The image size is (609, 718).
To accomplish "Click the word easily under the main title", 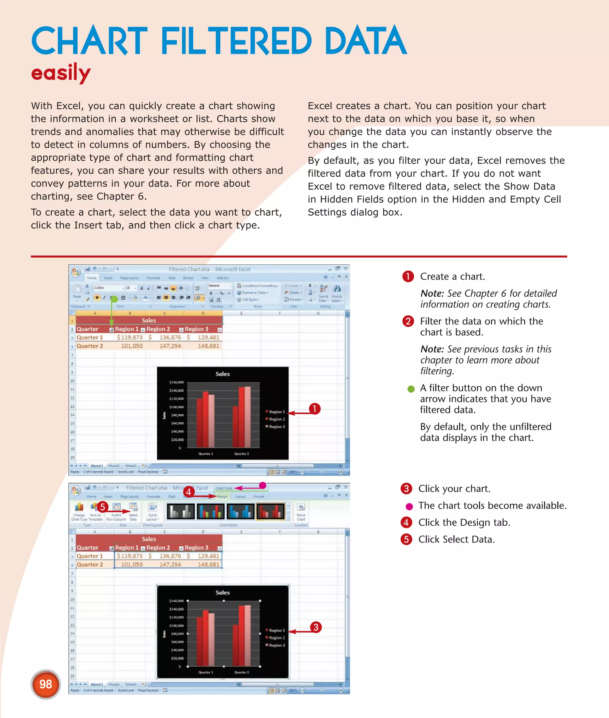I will pos(61,73).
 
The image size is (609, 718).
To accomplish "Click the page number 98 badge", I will pos(45,684).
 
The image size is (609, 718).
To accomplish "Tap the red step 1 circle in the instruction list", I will pos(408,276).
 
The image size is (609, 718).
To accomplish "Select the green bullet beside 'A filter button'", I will pos(411,389).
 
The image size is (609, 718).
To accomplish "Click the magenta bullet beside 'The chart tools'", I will pos(409,506).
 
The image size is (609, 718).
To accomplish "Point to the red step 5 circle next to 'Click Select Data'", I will pos(406,539).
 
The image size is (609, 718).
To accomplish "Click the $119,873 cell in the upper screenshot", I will pos(129,337).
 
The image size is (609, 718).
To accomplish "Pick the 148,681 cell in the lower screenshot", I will pos(208,564).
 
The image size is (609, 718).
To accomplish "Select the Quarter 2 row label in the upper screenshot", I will pos(90,346).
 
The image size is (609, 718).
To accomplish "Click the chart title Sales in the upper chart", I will pos(222,374).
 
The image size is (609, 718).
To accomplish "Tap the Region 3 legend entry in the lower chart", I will pos(277,645).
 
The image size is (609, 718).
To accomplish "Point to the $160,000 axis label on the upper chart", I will pos(176,382).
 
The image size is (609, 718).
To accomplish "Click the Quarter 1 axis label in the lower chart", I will pos(205,672).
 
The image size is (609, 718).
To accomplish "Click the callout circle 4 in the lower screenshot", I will pos(188,491).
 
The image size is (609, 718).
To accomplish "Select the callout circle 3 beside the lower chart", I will pos(316,627).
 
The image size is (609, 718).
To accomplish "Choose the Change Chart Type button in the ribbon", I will pos(79,512).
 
